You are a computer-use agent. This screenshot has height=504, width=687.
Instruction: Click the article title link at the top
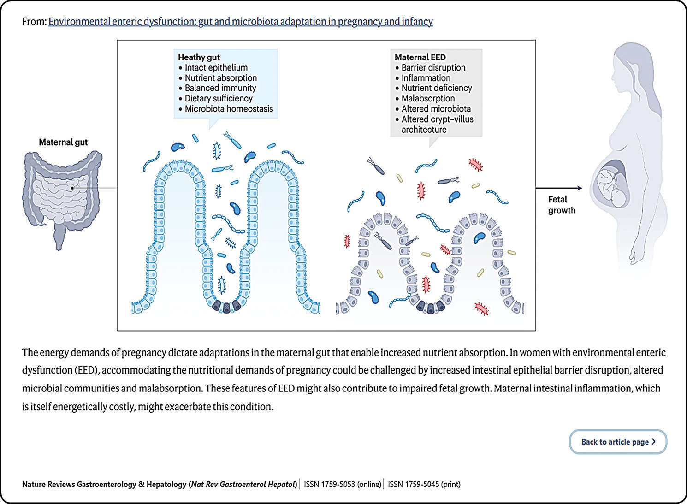[240, 21]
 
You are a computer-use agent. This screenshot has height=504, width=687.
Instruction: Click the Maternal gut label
[63, 142]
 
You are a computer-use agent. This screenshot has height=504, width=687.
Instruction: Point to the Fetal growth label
[561, 205]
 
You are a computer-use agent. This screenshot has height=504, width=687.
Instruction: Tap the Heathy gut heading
[199, 57]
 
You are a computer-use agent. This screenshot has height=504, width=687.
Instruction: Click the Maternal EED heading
[420, 57]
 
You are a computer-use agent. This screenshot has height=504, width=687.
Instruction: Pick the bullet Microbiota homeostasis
[229, 109]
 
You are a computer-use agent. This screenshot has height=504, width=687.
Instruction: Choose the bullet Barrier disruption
[433, 68]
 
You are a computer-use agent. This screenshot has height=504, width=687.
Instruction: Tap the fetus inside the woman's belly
[611, 184]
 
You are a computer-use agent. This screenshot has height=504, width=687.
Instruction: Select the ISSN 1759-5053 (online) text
[343, 484]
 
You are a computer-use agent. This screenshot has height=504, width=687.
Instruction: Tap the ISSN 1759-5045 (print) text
[424, 484]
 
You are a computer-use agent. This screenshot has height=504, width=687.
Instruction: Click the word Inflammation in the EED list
[426, 78]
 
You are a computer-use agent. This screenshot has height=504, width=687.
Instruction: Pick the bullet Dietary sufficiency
[219, 98]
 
